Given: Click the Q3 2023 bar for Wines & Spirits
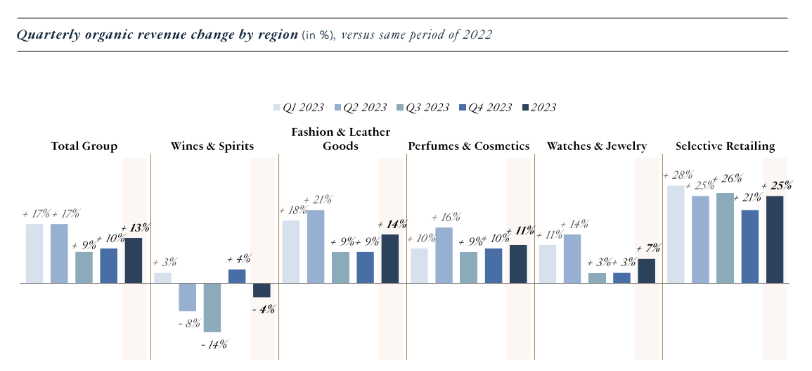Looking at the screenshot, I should (212, 308).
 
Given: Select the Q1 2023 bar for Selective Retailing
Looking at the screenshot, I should (675, 234).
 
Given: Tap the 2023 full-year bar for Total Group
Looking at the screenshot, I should (134, 260).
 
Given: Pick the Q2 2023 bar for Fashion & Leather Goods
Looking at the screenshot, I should (316, 246).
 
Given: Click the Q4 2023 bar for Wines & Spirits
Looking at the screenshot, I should (237, 276).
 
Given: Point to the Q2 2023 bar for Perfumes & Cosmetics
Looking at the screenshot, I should (444, 255).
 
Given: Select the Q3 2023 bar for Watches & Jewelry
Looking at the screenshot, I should (597, 278).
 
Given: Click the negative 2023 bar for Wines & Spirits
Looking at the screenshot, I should (262, 290).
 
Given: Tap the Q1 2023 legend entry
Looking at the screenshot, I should (298, 108).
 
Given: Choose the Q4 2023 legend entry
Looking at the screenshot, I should (485, 108).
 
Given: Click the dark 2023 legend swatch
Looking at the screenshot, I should (525, 108).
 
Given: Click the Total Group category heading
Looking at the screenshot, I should (84, 146).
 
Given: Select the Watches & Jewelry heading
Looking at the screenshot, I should (597, 146).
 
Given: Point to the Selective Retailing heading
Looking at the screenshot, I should (725, 146).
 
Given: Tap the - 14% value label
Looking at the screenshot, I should (214, 344).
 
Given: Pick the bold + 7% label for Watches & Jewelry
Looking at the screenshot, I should (647, 249).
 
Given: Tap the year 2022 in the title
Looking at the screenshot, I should (477, 35).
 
